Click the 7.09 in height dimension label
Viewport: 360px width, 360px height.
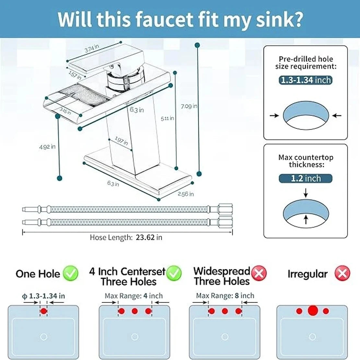pyautogui.click(x=189, y=106)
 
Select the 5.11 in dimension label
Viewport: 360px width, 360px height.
pyautogui.click(x=167, y=118)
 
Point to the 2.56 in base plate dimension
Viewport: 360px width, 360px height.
pyautogui.click(x=186, y=194)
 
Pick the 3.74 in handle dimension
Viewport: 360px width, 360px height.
pyautogui.click(x=92, y=48)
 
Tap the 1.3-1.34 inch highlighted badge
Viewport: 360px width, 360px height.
pyautogui.click(x=305, y=80)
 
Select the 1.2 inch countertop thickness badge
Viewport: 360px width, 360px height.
pyautogui.click(x=305, y=178)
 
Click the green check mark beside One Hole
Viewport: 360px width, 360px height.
pyautogui.click(x=70, y=273)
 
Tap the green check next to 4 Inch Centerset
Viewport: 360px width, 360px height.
pyautogui.click(x=174, y=273)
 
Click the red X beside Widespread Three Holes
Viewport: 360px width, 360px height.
pyautogui.click(x=259, y=273)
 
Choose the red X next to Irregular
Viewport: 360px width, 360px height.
pyautogui.click(x=342, y=273)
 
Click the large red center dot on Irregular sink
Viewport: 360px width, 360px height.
pyautogui.click(x=313, y=310)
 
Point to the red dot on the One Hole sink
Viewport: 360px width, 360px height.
pyautogui.click(x=43, y=311)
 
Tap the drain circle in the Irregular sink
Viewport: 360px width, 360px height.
pyautogui.click(x=312, y=337)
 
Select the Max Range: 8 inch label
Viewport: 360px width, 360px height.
pyautogui.click(x=225, y=296)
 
